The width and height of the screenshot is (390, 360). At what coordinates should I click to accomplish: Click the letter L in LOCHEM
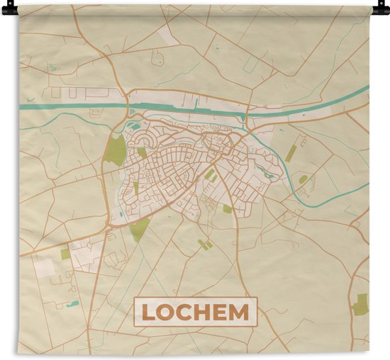147,313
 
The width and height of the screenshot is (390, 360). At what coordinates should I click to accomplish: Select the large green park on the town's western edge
116,150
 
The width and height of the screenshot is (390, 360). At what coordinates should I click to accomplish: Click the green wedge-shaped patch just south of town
140,229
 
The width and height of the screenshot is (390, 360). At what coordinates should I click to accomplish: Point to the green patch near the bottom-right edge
362,303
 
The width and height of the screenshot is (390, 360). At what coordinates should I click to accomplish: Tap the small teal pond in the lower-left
72,304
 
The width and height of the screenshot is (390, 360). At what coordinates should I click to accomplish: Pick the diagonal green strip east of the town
291,153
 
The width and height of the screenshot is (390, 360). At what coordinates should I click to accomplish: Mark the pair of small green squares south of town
205,244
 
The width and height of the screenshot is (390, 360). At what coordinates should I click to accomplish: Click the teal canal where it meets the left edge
21,108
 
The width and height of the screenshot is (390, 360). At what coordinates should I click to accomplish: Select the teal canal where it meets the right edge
367,88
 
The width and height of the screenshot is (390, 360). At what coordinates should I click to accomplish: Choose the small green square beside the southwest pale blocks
65,254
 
